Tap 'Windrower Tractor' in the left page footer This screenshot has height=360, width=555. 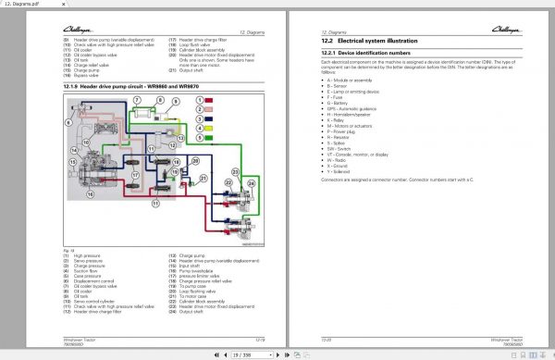(x=80, y=338)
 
